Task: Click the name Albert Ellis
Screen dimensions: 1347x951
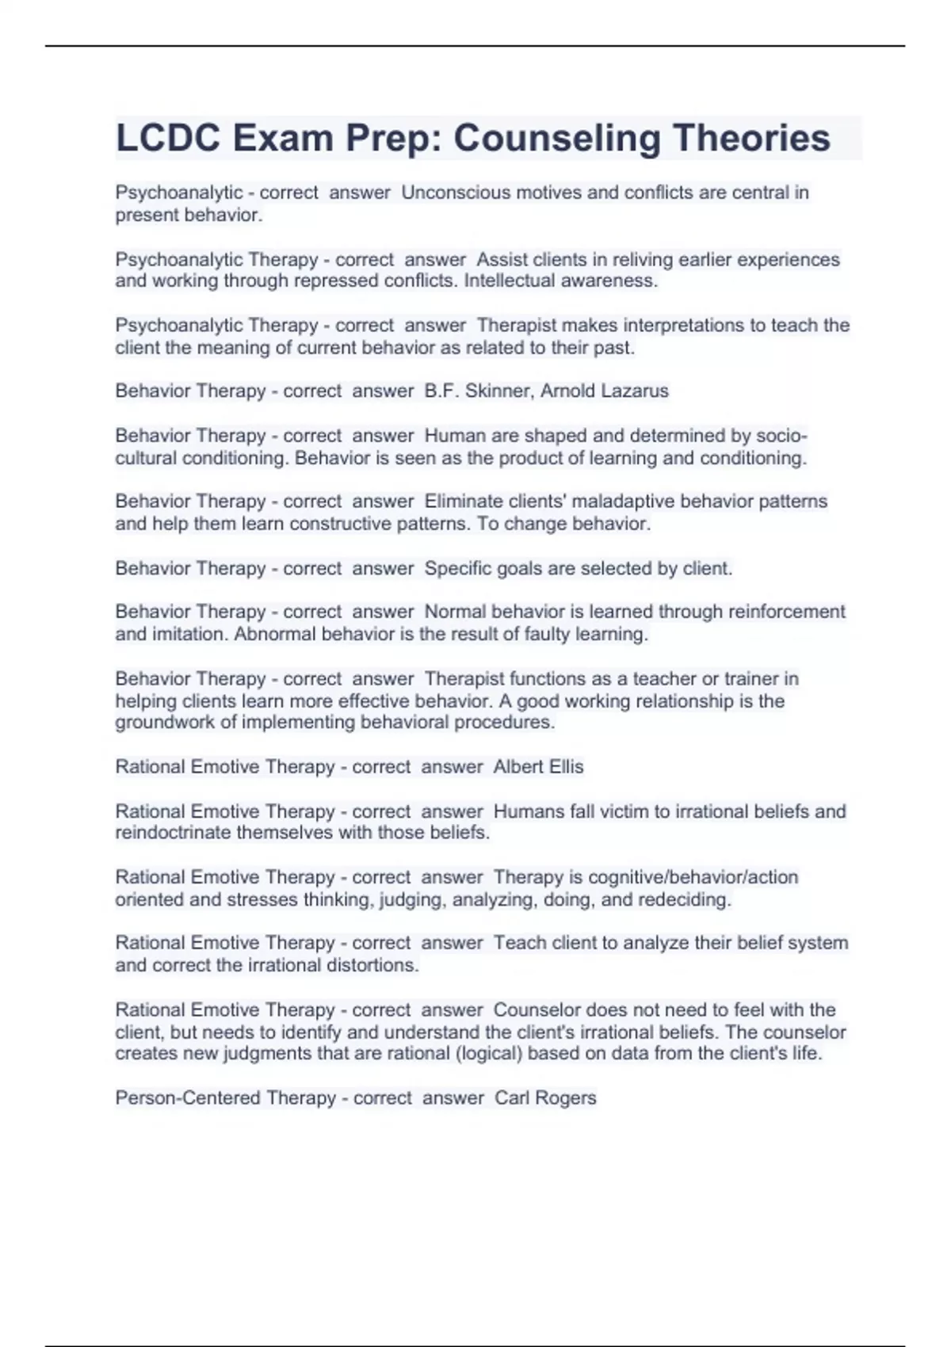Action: click(x=538, y=767)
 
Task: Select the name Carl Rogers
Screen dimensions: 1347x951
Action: click(x=545, y=1098)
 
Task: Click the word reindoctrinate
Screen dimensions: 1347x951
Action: click(x=174, y=833)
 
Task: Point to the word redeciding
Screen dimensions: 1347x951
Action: click(x=684, y=900)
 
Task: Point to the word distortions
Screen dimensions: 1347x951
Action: click(x=371, y=966)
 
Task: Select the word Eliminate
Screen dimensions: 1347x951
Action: click(x=464, y=502)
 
